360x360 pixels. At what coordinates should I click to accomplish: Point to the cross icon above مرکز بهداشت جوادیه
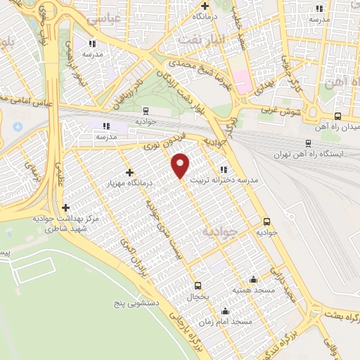click(66, 208)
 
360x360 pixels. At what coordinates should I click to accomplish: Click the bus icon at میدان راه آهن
click(338, 117)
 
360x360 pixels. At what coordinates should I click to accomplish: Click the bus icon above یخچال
click(197, 285)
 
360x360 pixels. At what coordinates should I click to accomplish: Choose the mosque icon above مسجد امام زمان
click(225, 311)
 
